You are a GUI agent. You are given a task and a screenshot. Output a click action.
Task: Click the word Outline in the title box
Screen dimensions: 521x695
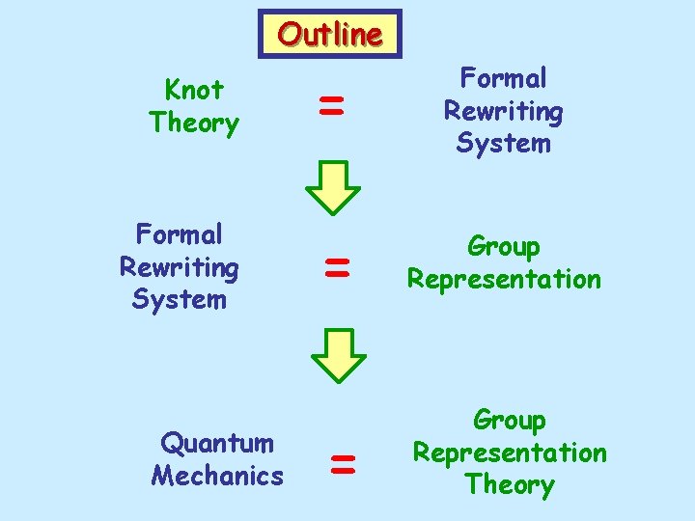click(330, 35)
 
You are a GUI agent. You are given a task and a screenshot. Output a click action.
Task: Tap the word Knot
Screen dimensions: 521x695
click(194, 90)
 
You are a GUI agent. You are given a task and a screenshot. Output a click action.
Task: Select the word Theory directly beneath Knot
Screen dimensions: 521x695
click(194, 123)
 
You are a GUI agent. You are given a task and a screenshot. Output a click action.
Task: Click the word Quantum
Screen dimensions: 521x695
click(217, 443)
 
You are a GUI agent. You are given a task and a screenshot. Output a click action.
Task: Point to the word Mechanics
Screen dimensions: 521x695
click(217, 476)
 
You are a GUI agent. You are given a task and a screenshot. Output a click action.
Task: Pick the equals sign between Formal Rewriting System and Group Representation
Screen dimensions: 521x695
click(336, 266)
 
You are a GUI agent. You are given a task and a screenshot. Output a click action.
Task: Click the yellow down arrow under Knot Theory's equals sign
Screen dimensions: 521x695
click(333, 186)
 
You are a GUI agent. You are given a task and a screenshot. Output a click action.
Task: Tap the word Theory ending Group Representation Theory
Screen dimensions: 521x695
click(509, 484)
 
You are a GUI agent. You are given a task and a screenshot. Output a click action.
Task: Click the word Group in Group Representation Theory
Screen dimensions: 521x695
click(509, 420)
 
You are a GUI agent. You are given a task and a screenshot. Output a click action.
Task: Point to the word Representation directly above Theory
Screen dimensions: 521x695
click(510, 452)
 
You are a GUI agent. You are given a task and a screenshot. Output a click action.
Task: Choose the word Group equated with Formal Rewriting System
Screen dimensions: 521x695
click(503, 246)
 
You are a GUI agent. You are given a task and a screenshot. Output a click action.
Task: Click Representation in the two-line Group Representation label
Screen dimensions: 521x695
click(504, 280)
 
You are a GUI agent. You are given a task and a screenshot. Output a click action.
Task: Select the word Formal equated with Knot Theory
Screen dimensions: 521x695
click(503, 78)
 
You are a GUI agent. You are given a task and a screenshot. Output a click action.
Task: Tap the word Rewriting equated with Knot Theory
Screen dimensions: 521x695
click(503, 111)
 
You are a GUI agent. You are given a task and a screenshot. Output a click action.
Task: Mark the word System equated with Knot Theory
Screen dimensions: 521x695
click(503, 144)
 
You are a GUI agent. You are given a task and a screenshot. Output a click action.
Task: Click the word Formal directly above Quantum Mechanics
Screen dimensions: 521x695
click(180, 234)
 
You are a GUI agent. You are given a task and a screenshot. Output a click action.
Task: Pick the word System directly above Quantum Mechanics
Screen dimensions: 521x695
click(180, 300)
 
